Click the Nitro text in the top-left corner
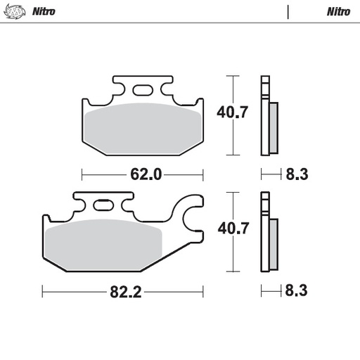click(x=44, y=11)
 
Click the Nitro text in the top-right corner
click(x=338, y=11)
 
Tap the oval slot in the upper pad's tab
click(x=141, y=89)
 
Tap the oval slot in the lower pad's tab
click(x=103, y=205)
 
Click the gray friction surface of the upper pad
click(x=141, y=127)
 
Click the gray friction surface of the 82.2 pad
click(x=105, y=243)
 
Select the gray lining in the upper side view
click(x=274, y=127)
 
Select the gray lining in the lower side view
click(x=274, y=243)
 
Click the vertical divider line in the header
click(x=288, y=11)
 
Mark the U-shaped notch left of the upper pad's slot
click(x=119, y=90)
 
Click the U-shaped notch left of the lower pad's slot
click(x=80, y=206)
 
